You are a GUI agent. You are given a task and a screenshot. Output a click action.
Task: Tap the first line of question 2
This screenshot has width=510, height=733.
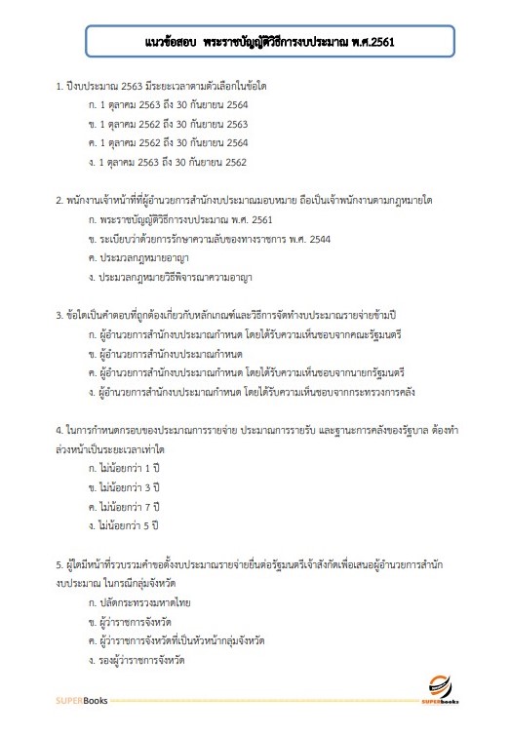click(x=244, y=200)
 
